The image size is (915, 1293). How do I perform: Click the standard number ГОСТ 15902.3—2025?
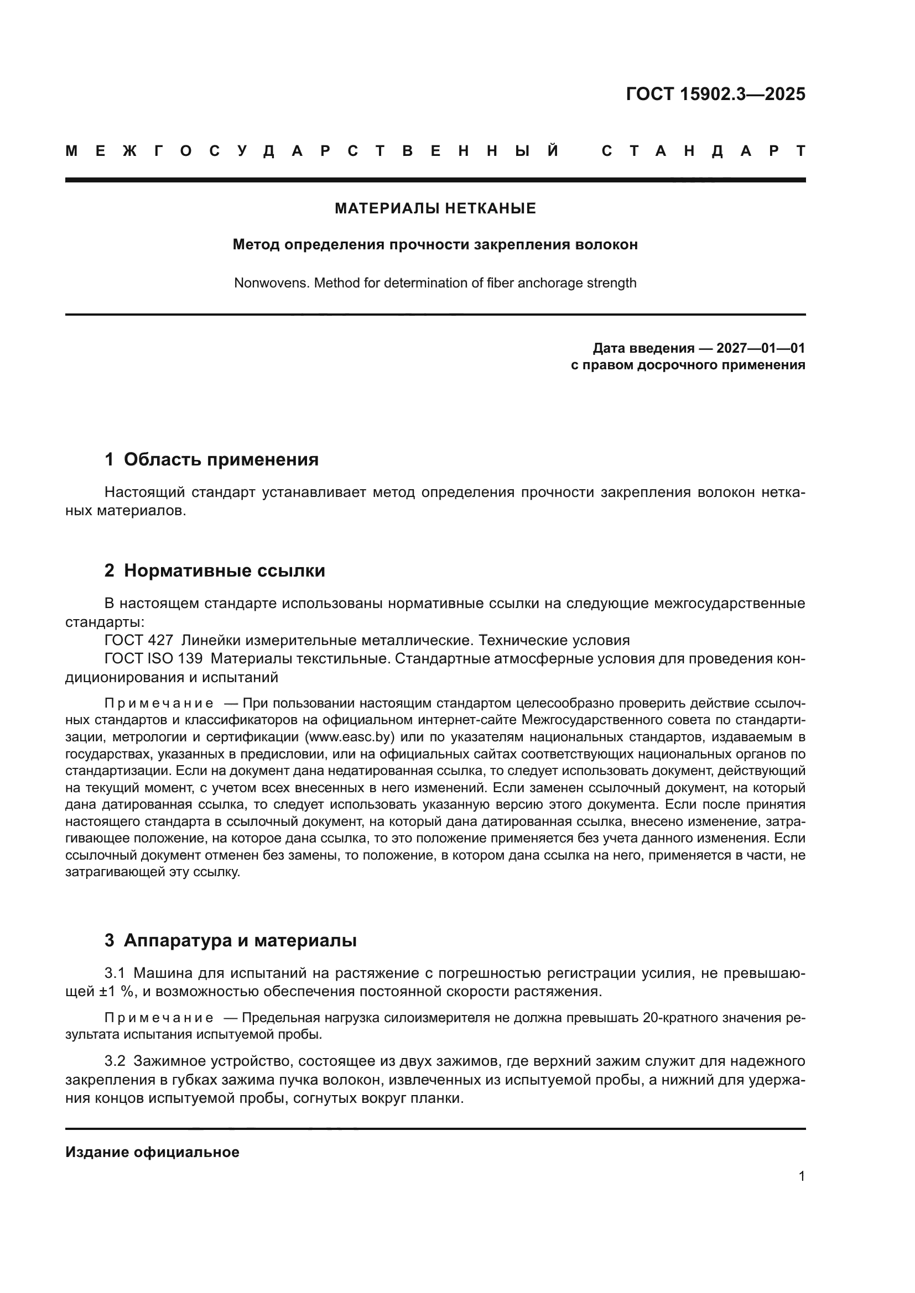pyautogui.click(x=715, y=93)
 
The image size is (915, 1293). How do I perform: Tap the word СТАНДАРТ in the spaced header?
pyautogui.click(x=703, y=151)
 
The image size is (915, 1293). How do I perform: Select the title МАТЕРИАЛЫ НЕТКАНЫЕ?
pyautogui.click(x=435, y=208)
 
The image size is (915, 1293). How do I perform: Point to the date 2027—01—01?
pyautogui.click(x=761, y=348)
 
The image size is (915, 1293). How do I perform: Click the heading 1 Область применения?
pyautogui.click(x=211, y=459)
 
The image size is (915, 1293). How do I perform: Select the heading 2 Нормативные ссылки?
pyautogui.click(x=215, y=570)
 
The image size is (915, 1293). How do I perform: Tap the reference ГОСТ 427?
pyautogui.click(x=139, y=640)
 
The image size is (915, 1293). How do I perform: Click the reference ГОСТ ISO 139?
pyautogui.click(x=153, y=658)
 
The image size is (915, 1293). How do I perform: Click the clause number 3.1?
pyautogui.click(x=115, y=973)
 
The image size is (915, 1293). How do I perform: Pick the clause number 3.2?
pyautogui.click(x=115, y=1061)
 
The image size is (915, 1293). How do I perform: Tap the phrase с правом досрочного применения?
pyautogui.click(x=688, y=365)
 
